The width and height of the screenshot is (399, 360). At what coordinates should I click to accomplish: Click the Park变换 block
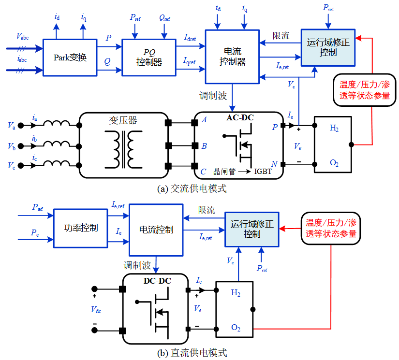point(70,58)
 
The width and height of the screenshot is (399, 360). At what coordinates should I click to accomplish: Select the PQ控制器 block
point(148,58)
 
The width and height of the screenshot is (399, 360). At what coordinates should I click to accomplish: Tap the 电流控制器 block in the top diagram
point(232,57)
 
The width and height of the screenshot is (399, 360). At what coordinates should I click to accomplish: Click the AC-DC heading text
point(240,117)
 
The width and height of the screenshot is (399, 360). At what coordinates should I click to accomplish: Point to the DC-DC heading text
point(157,280)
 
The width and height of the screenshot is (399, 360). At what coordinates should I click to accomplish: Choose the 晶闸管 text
point(223,172)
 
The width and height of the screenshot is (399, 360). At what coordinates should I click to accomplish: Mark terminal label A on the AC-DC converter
point(204,120)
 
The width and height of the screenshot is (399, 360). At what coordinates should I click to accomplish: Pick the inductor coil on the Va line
point(57,125)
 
